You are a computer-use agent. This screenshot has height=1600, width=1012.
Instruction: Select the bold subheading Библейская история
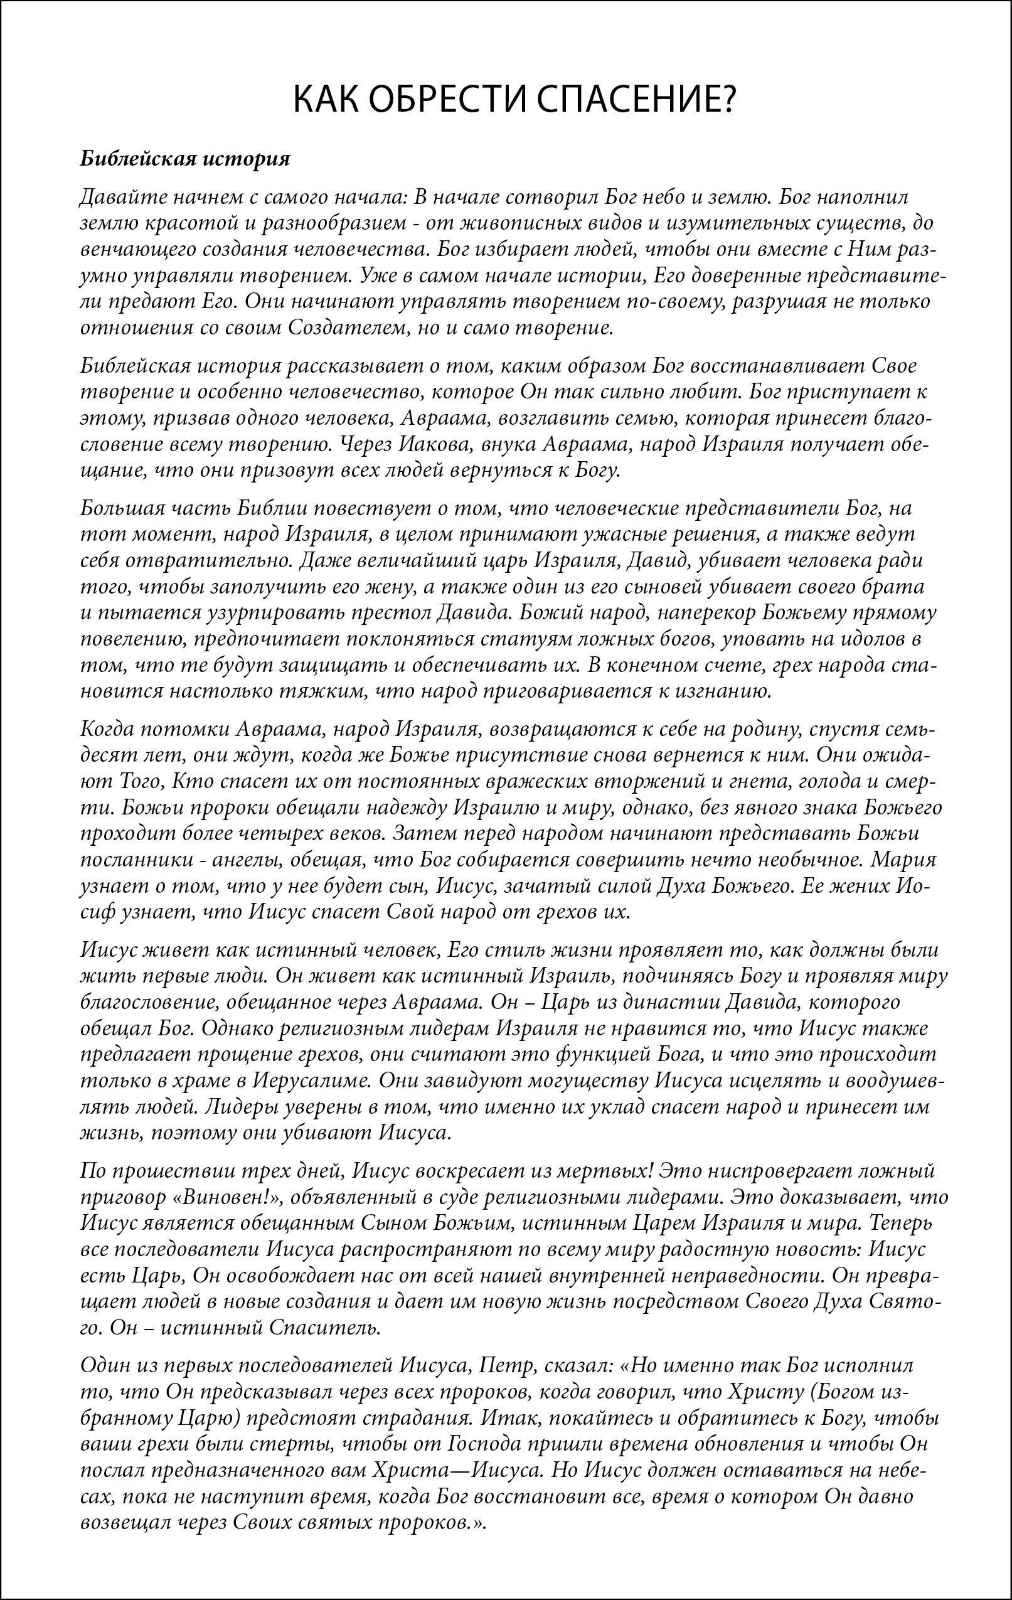coord(185,159)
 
